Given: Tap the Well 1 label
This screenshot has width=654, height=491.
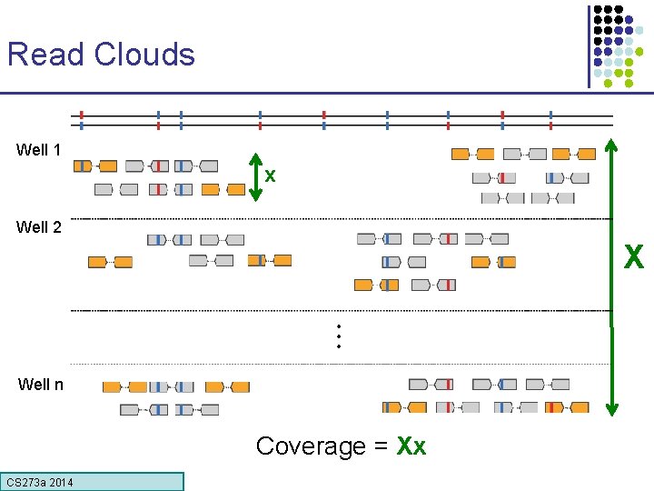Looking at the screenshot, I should point(39,150).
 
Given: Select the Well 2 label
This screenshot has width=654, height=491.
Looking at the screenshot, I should point(39,227).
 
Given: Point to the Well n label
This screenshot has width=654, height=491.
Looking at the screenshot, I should point(41,384).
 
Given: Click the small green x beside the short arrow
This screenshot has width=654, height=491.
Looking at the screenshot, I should point(271,174).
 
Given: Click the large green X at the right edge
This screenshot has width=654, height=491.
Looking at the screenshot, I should point(633,258).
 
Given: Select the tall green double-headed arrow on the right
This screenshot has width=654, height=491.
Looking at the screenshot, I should point(612,273).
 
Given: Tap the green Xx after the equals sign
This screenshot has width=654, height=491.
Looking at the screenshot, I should point(411,446).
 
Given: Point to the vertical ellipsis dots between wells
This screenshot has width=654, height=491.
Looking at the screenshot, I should point(338,336).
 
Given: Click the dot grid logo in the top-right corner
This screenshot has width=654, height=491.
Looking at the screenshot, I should point(623,45).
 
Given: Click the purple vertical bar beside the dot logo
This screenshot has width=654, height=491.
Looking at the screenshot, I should point(589,45).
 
